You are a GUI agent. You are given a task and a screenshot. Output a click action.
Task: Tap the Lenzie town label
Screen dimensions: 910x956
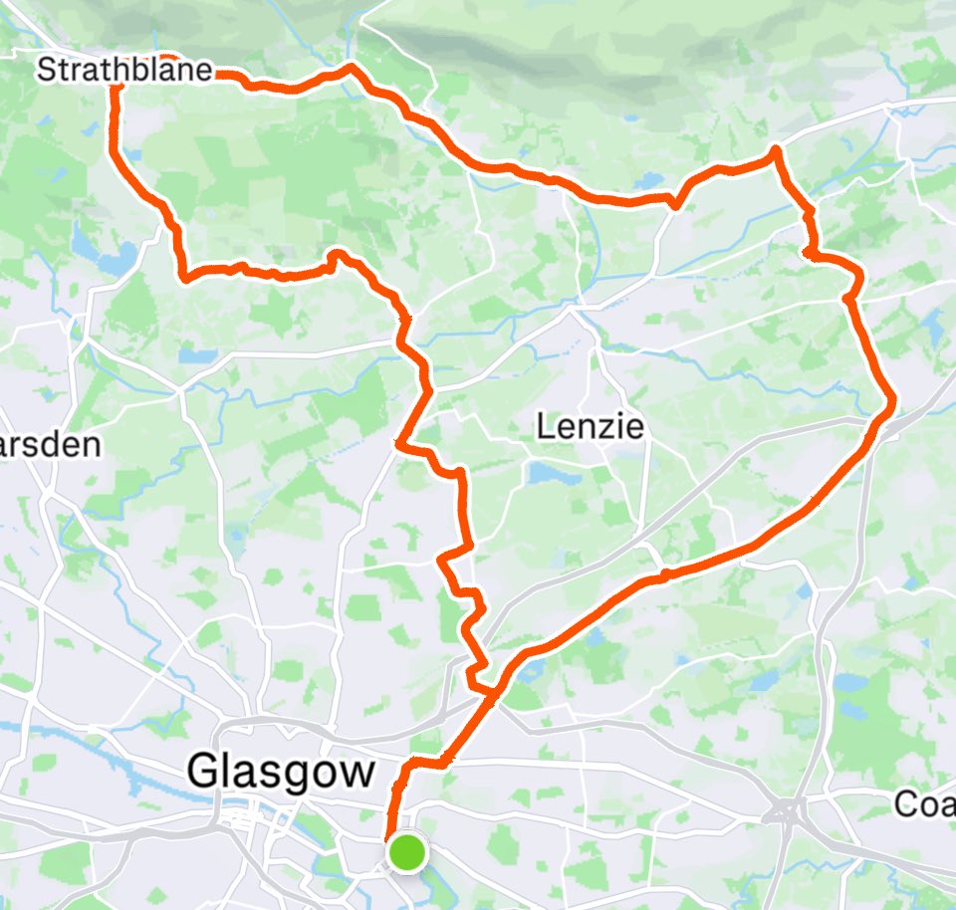pyautogui.click(x=590, y=428)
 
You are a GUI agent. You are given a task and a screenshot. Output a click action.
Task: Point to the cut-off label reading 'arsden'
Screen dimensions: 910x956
pyautogui.click(x=50, y=445)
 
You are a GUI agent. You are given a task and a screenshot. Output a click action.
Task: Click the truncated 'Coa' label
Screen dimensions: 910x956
pyautogui.click(x=925, y=803)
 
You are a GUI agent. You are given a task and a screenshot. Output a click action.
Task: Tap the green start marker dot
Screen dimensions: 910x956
pyautogui.click(x=406, y=853)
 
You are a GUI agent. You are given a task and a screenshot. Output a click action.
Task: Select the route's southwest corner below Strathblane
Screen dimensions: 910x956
pyautogui.click(x=185, y=277)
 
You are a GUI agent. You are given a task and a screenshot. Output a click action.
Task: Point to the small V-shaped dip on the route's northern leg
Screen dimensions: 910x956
pyautogui.click(x=674, y=204)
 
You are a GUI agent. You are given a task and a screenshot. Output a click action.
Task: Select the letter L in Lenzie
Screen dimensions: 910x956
pyautogui.click(x=546, y=428)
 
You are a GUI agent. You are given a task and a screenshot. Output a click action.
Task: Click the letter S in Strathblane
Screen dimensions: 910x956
pyautogui.click(x=45, y=71)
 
